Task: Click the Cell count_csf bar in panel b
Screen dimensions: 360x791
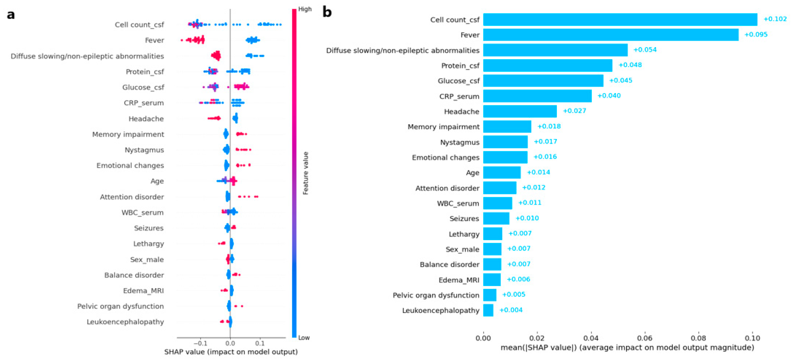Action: click(x=620, y=20)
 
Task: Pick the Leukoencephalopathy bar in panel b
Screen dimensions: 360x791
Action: click(x=488, y=310)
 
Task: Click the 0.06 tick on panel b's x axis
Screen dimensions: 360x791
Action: click(x=644, y=338)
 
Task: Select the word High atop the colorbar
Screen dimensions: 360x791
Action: click(x=305, y=9)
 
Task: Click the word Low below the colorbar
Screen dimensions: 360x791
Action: click(x=304, y=337)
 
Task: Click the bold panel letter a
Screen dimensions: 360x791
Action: click(x=11, y=15)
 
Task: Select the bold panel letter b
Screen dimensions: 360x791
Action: click(x=327, y=12)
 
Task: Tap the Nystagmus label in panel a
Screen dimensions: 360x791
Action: click(x=144, y=150)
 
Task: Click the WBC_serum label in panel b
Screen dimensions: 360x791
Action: click(x=458, y=203)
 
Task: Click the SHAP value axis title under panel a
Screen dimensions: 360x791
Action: click(x=231, y=352)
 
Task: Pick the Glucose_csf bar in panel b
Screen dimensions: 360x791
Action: click(x=543, y=81)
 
